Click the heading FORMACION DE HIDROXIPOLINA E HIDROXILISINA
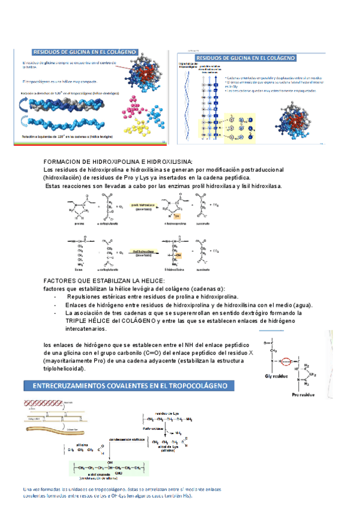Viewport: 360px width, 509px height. coord(118,162)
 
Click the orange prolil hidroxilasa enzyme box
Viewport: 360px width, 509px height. coord(143,207)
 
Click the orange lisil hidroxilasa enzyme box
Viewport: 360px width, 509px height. coord(144,254)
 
